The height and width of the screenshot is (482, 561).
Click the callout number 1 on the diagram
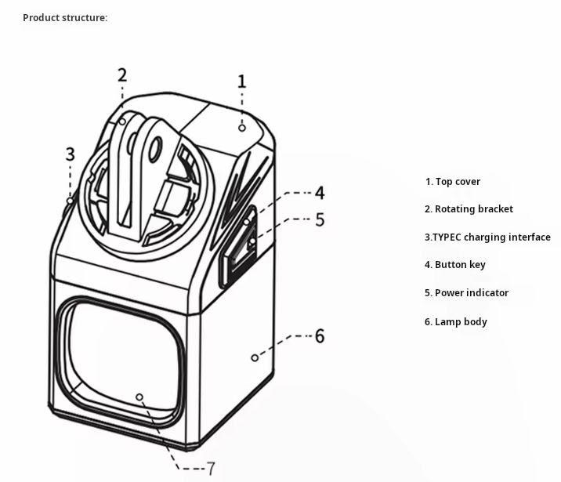242,81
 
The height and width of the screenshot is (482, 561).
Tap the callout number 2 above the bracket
122,75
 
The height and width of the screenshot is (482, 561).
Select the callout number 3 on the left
70,154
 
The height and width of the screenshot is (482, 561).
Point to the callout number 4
320,193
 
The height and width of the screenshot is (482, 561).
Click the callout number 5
320,220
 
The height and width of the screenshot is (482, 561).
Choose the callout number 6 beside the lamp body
320,336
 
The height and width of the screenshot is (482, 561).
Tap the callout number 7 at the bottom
211,469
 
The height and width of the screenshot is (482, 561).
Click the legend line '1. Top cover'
453,182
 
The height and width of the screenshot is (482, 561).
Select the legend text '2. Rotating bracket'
469,209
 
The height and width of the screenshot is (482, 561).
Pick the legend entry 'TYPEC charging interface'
487,237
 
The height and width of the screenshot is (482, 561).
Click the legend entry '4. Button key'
454,265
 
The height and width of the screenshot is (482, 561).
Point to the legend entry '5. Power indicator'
466,293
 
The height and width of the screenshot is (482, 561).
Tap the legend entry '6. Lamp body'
455,322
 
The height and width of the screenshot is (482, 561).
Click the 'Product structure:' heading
65,18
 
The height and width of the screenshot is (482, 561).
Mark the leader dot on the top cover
243,127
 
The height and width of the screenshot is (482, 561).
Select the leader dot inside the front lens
139,397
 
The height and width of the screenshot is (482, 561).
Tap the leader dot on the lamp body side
255,357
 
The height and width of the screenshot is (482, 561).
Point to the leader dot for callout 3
71,201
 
